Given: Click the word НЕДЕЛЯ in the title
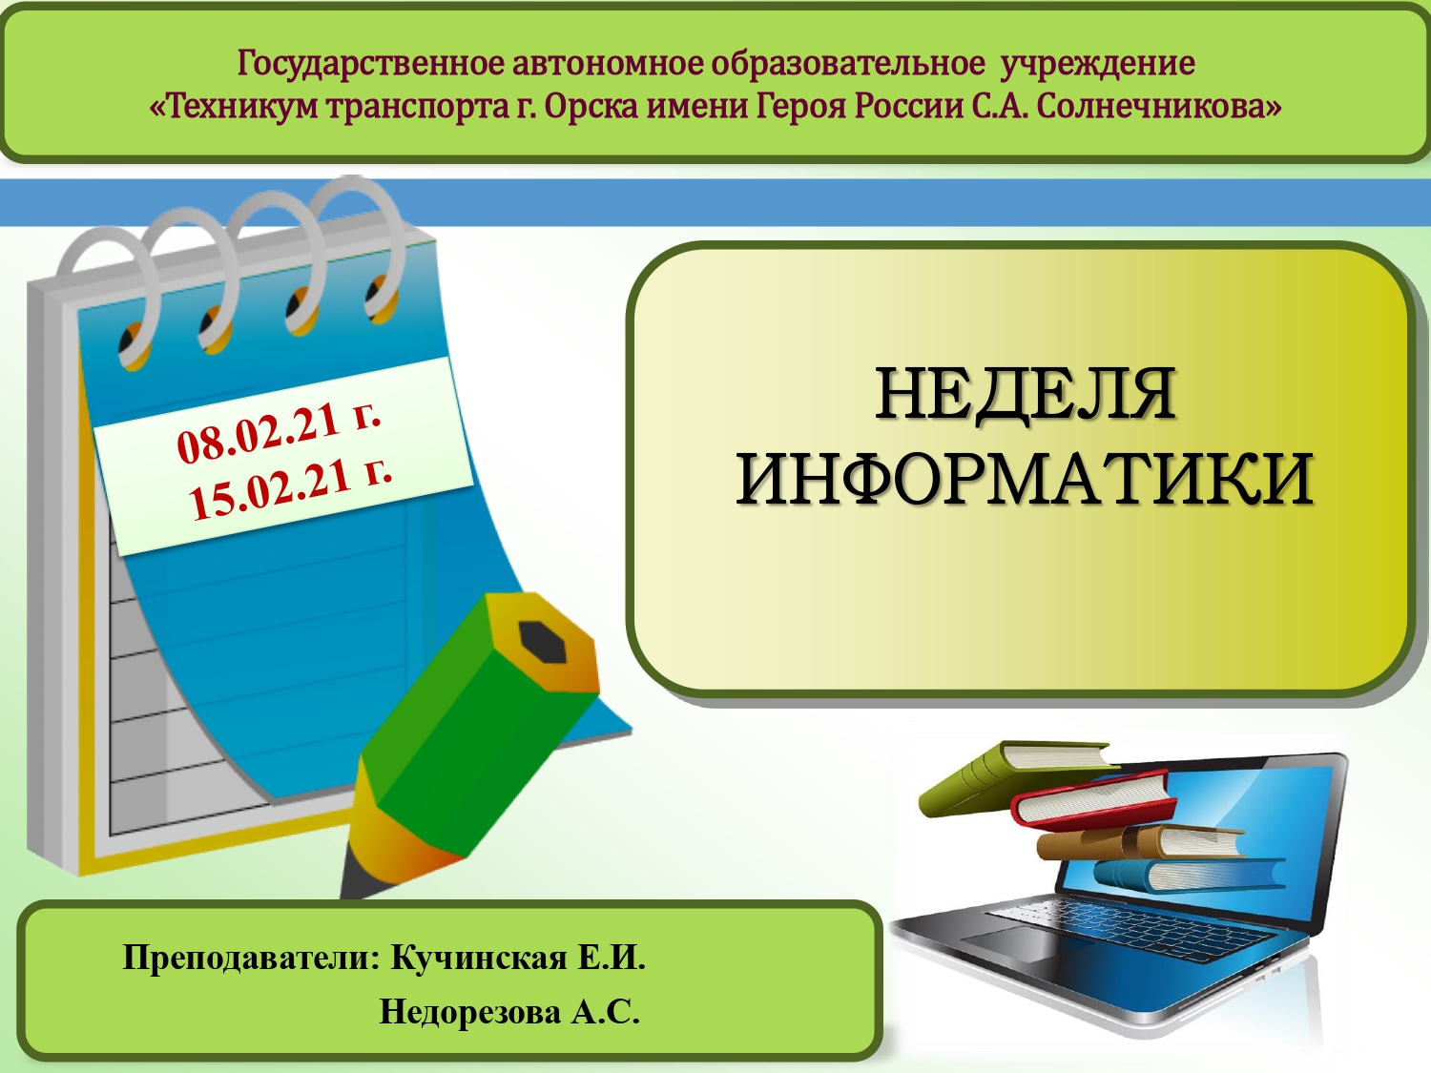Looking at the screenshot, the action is pyautogui.click(x=1026, y=395).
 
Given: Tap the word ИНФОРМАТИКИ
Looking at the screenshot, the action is pyautogui.click(x=1025, y=480).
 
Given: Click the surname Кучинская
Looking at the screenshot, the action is pyautogui.click(x=479, y=959).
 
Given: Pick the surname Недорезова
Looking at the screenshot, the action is pyautogui.click(x=470, y=1012).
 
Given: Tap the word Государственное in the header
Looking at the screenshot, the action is pyautogui.click(x=370, y=64).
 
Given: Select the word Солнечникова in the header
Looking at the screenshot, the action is pyautogui.click(x=1158, y=106).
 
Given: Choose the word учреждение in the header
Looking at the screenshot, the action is pyautogui.click(x=1098, y=65).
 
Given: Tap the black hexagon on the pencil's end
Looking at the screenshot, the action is pyautogui.click(x=541, y=641).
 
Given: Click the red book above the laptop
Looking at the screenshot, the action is pyautogui.click(x=1094, y=801).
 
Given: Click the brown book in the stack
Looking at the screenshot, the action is pyautogui.click(x=1141, y=842).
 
